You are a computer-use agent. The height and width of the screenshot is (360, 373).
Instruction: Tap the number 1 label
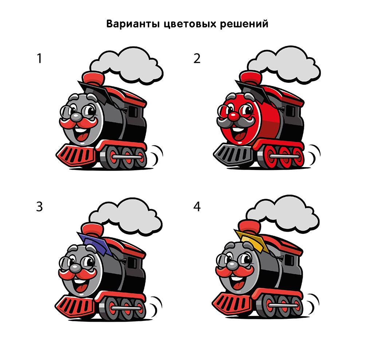coord(39,59)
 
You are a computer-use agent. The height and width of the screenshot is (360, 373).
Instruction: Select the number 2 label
coord(197,59)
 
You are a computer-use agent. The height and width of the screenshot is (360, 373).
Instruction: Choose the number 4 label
coord(197,206)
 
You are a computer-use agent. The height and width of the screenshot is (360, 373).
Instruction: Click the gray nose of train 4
coord(232,266)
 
